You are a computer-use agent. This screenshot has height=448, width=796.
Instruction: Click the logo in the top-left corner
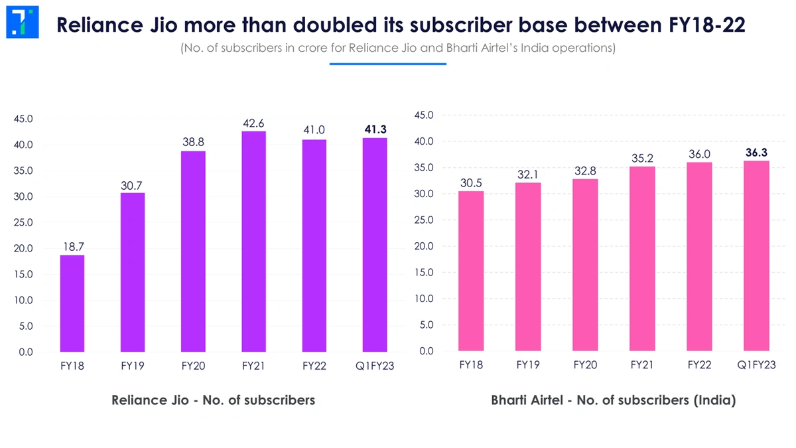pos(22,23)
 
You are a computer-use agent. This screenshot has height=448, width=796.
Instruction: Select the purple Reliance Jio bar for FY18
pos(72,303)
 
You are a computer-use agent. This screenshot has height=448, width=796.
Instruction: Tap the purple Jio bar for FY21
pos(253,242)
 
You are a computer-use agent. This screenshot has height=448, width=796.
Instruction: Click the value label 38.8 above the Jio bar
pos(193,142)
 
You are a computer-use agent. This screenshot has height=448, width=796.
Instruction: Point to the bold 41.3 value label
pos(375,129)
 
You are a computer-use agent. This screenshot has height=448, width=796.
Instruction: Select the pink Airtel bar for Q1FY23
pos(756,256)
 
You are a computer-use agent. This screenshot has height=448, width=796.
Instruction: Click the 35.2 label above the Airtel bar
pos(642,158)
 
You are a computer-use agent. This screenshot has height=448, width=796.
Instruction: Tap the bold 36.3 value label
pos(756,152)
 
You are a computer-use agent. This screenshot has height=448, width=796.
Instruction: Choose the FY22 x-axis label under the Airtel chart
pos(699,365)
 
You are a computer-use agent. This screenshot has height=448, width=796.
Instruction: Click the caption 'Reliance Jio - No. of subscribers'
pos(213,400)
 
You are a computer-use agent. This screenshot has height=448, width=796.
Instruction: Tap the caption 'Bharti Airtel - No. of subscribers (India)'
pos(614,400)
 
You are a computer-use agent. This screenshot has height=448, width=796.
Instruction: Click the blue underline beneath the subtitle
pos(388,64)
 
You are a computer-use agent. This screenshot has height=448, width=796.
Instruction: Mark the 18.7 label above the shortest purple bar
pos(72,246)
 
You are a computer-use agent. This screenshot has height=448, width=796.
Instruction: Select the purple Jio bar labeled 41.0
pos(314,246)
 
